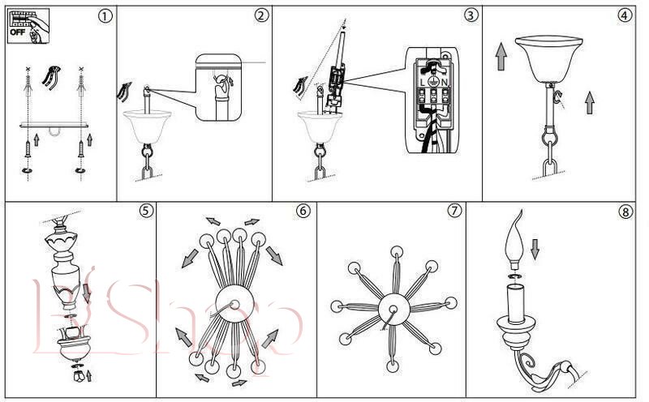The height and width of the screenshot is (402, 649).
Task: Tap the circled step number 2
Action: [x=261, y=16]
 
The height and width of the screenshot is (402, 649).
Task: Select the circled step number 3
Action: [x=471, y=16]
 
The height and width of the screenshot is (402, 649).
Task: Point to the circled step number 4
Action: [x=625, y=16]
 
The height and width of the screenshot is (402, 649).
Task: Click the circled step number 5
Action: [x=145, y=211]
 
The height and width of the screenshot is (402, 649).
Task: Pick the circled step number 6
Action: [x=303, y=211]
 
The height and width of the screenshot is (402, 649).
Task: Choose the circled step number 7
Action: [x=454, y=211]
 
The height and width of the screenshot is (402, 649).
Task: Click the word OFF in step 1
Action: [x=18, y=34]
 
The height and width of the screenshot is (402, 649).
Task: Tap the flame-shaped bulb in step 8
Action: [x=514, y=240]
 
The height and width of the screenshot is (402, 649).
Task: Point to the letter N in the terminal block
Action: [x=446, y=80]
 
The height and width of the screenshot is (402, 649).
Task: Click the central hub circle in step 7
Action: [x=393, y=306]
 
